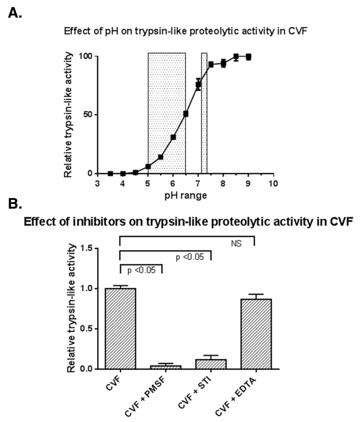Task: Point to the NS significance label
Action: [236, 244]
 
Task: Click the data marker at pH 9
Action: [248, 57]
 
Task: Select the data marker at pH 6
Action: [173, 137]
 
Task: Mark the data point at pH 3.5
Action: [110, 173]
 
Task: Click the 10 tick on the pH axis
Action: [273, 183]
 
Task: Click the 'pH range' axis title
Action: [185, 196]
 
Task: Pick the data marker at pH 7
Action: [198, 85]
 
